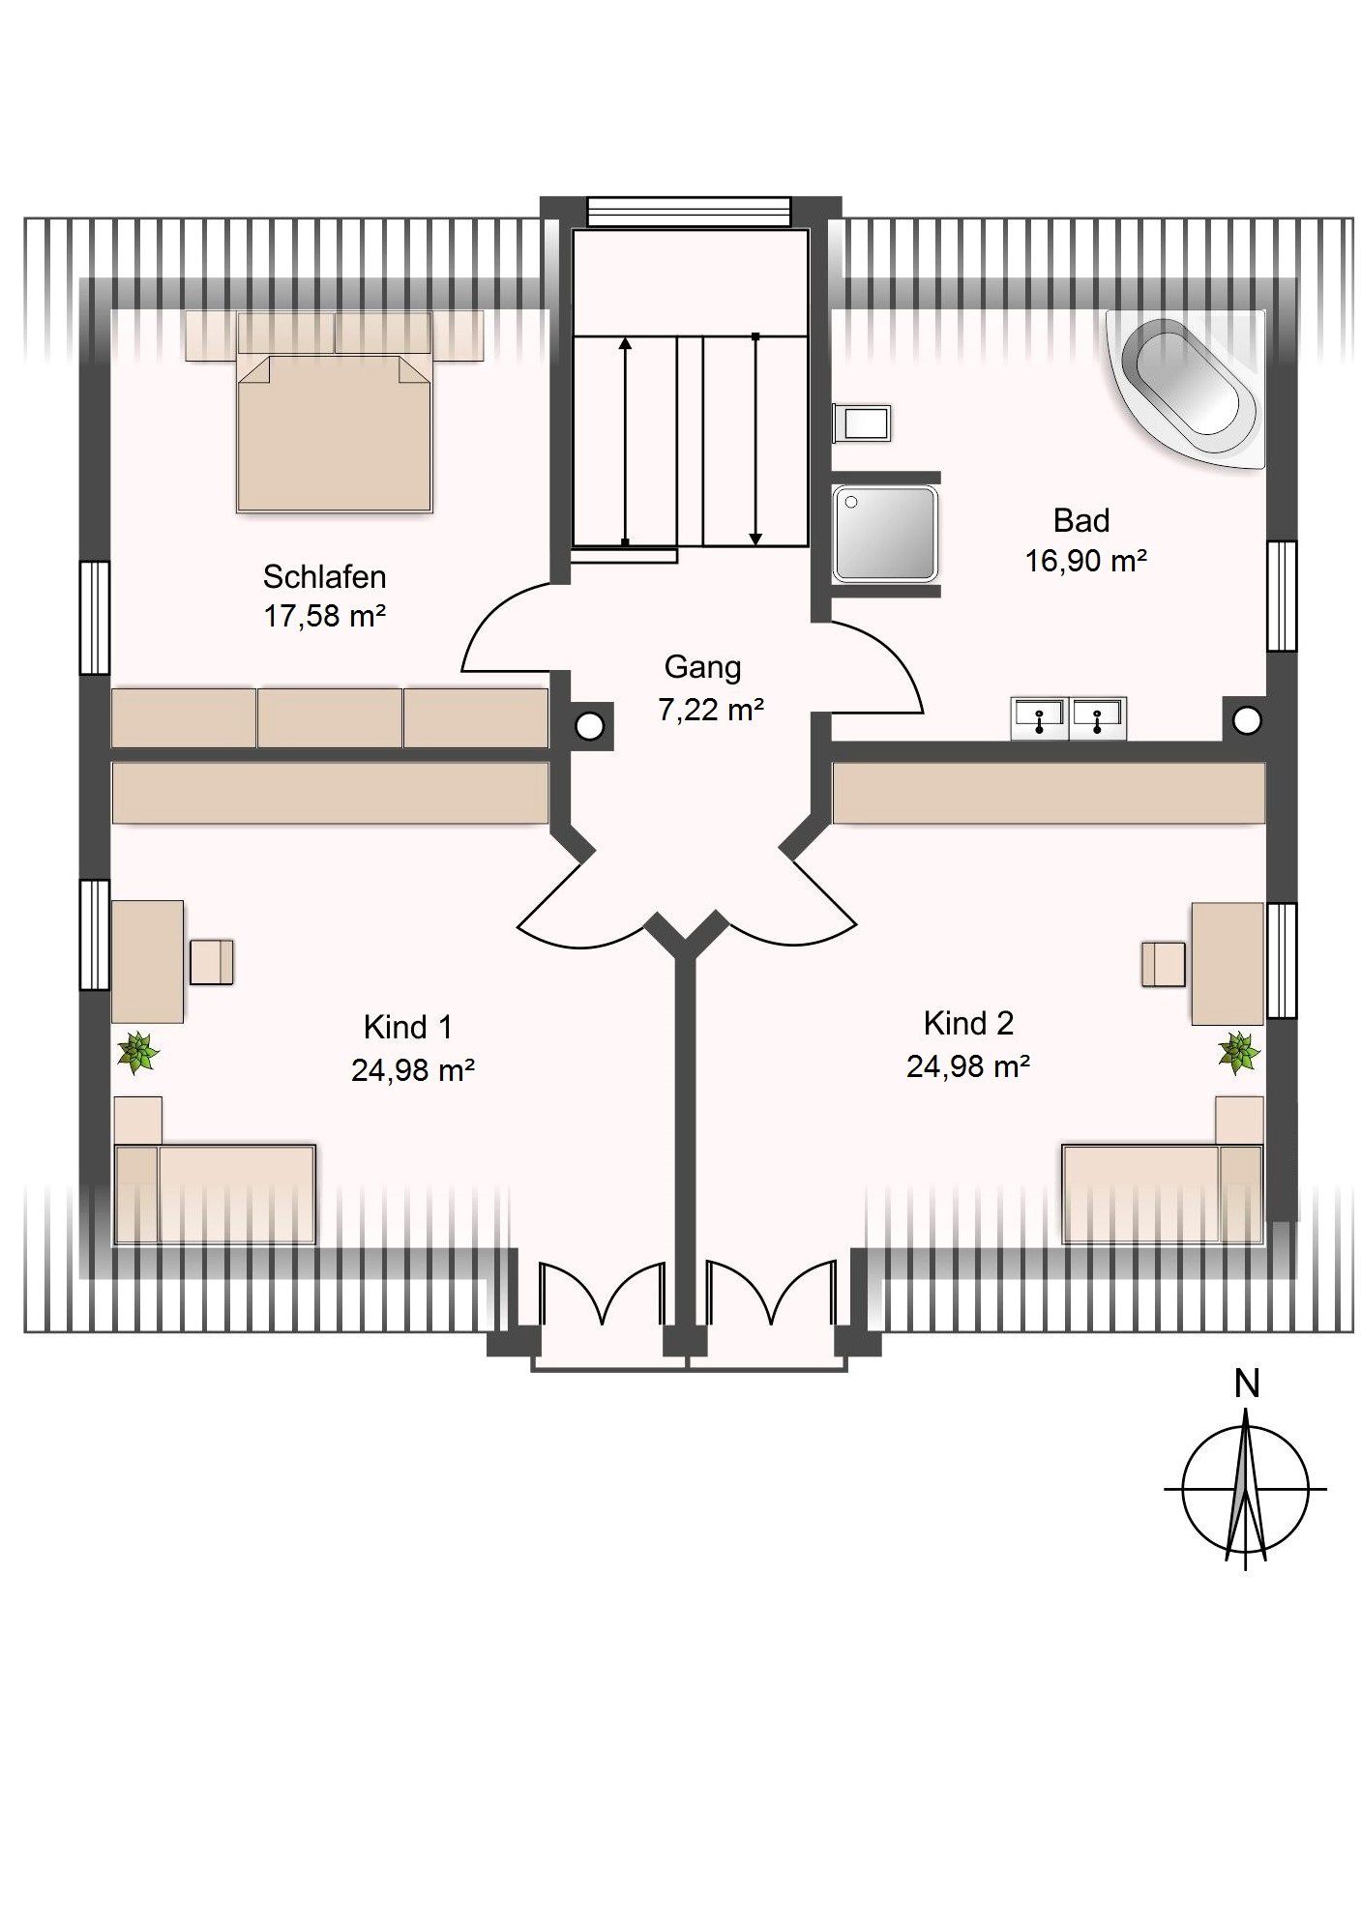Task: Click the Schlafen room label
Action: (324, 577)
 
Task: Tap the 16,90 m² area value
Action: (1085, 561)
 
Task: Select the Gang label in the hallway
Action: (702, 667)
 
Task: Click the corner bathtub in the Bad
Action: (1188, 387)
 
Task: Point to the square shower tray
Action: (884, 533)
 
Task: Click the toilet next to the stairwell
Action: (862, 423)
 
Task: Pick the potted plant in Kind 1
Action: (138, 1052)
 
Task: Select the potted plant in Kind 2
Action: (1237, 1051)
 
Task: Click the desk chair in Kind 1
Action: (212, 962)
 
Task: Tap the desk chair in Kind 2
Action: (1163, 964)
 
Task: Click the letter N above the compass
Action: (1247, 1385)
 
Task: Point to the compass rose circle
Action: (1246, 1489)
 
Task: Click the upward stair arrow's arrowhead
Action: (625, 342)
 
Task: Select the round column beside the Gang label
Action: (589, 724)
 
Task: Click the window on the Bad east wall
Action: (1282, 596)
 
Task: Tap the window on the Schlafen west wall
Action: (95, 617)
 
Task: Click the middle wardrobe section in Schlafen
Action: (330, 717)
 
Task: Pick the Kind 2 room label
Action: (967, 1023)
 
